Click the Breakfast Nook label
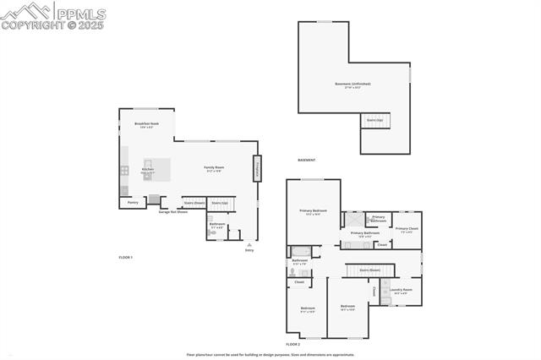146,124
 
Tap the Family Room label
214,168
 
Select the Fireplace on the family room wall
255,169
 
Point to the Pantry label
133,202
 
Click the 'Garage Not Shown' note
172,211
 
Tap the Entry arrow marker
249,244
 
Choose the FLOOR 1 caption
125,257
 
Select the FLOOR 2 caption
292,345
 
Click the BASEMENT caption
306,161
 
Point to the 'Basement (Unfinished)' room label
352,85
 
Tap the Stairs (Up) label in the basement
374,120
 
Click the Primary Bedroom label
313,211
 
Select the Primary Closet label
407,229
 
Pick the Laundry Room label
402,291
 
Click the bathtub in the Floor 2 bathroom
301,251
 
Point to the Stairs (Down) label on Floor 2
369,270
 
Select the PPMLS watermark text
79,13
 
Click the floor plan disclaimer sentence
270,355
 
